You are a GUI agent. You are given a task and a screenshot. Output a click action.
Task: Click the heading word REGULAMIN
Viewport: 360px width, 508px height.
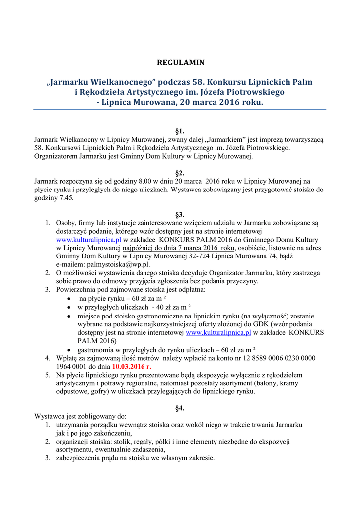180,63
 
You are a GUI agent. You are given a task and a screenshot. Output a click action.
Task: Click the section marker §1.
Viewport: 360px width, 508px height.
180,131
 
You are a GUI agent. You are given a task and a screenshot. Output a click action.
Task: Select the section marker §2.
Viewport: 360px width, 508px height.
180,173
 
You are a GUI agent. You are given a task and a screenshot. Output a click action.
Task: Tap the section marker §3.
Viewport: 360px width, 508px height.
180,215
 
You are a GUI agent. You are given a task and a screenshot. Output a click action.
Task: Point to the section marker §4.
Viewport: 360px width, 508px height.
180,408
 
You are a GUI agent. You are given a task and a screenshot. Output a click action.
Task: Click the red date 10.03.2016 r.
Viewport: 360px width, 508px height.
131,366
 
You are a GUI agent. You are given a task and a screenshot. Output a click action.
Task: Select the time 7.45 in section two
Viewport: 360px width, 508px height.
66,197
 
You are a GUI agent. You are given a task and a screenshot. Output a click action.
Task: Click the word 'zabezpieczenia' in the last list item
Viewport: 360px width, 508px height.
79,458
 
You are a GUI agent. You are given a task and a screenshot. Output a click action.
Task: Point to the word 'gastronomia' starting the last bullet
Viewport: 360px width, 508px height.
97,349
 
